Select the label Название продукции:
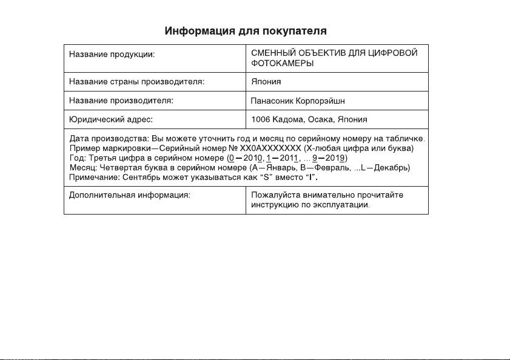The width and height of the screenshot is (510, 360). click(x=112, y=55)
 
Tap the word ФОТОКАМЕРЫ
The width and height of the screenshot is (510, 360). click(x=283, y=64)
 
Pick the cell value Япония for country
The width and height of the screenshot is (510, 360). click(x=266, y=81)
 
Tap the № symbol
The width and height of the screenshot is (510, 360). click(x=233, y=148)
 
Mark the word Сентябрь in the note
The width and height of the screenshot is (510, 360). click(x=140, y=178)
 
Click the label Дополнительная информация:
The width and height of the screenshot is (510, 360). click(x=129, y=196)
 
